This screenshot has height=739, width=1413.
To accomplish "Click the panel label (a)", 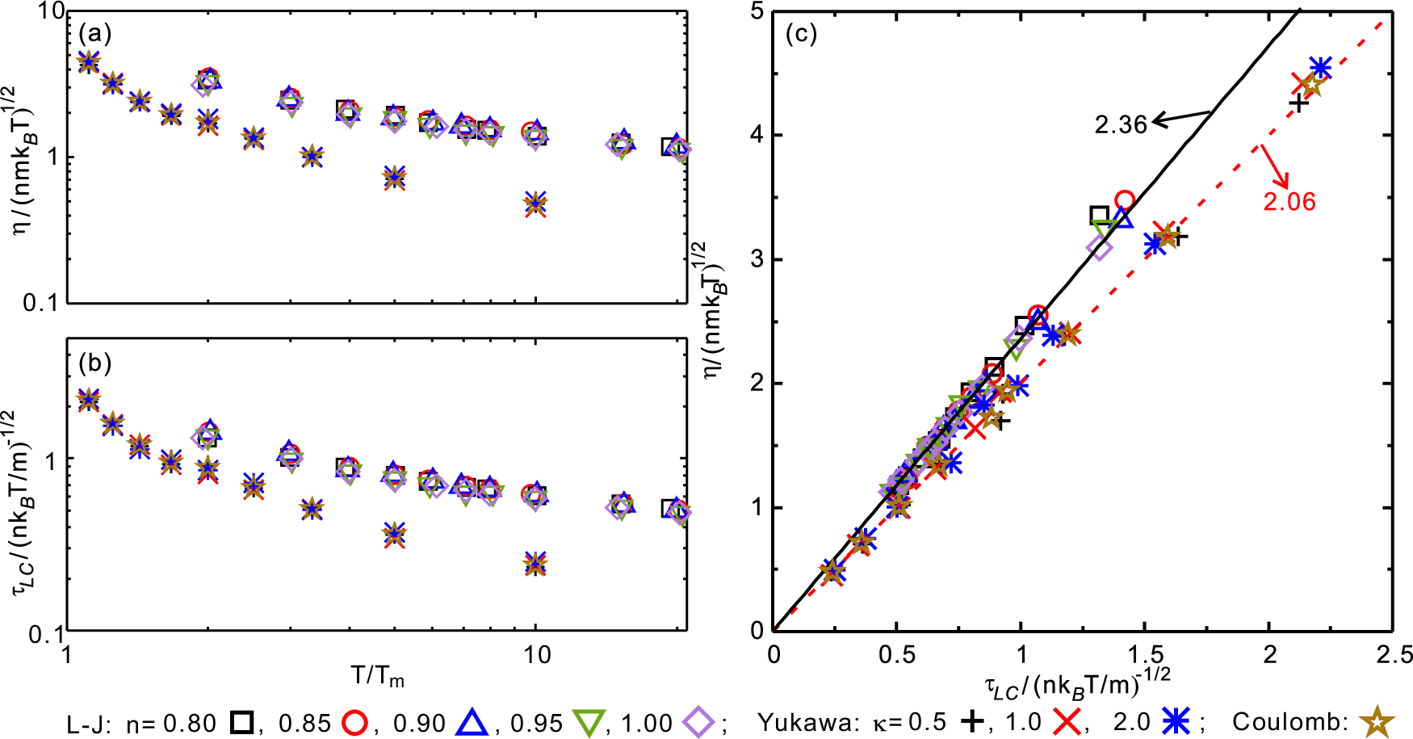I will pyautogui.click(x=94, y=34).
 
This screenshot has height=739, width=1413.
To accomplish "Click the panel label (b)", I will pyautogui.click(x=94, y=363).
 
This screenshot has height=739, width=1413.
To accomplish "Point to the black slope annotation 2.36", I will pyautogui.click(x=1120, y=124).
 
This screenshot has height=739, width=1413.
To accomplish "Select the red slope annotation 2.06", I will pyautogui.click(x=1289, y=201).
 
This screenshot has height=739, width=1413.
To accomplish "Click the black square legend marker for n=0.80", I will pyautogui.click(x=241, y=721).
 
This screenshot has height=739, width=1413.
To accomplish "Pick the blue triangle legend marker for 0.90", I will pyautogui.click(x=472, y=721).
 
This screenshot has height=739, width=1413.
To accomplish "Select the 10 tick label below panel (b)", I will pyautogui.click(x=535, y=653).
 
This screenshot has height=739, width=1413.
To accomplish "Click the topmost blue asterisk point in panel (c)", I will pyautogui.click(x=1320, y=68).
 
